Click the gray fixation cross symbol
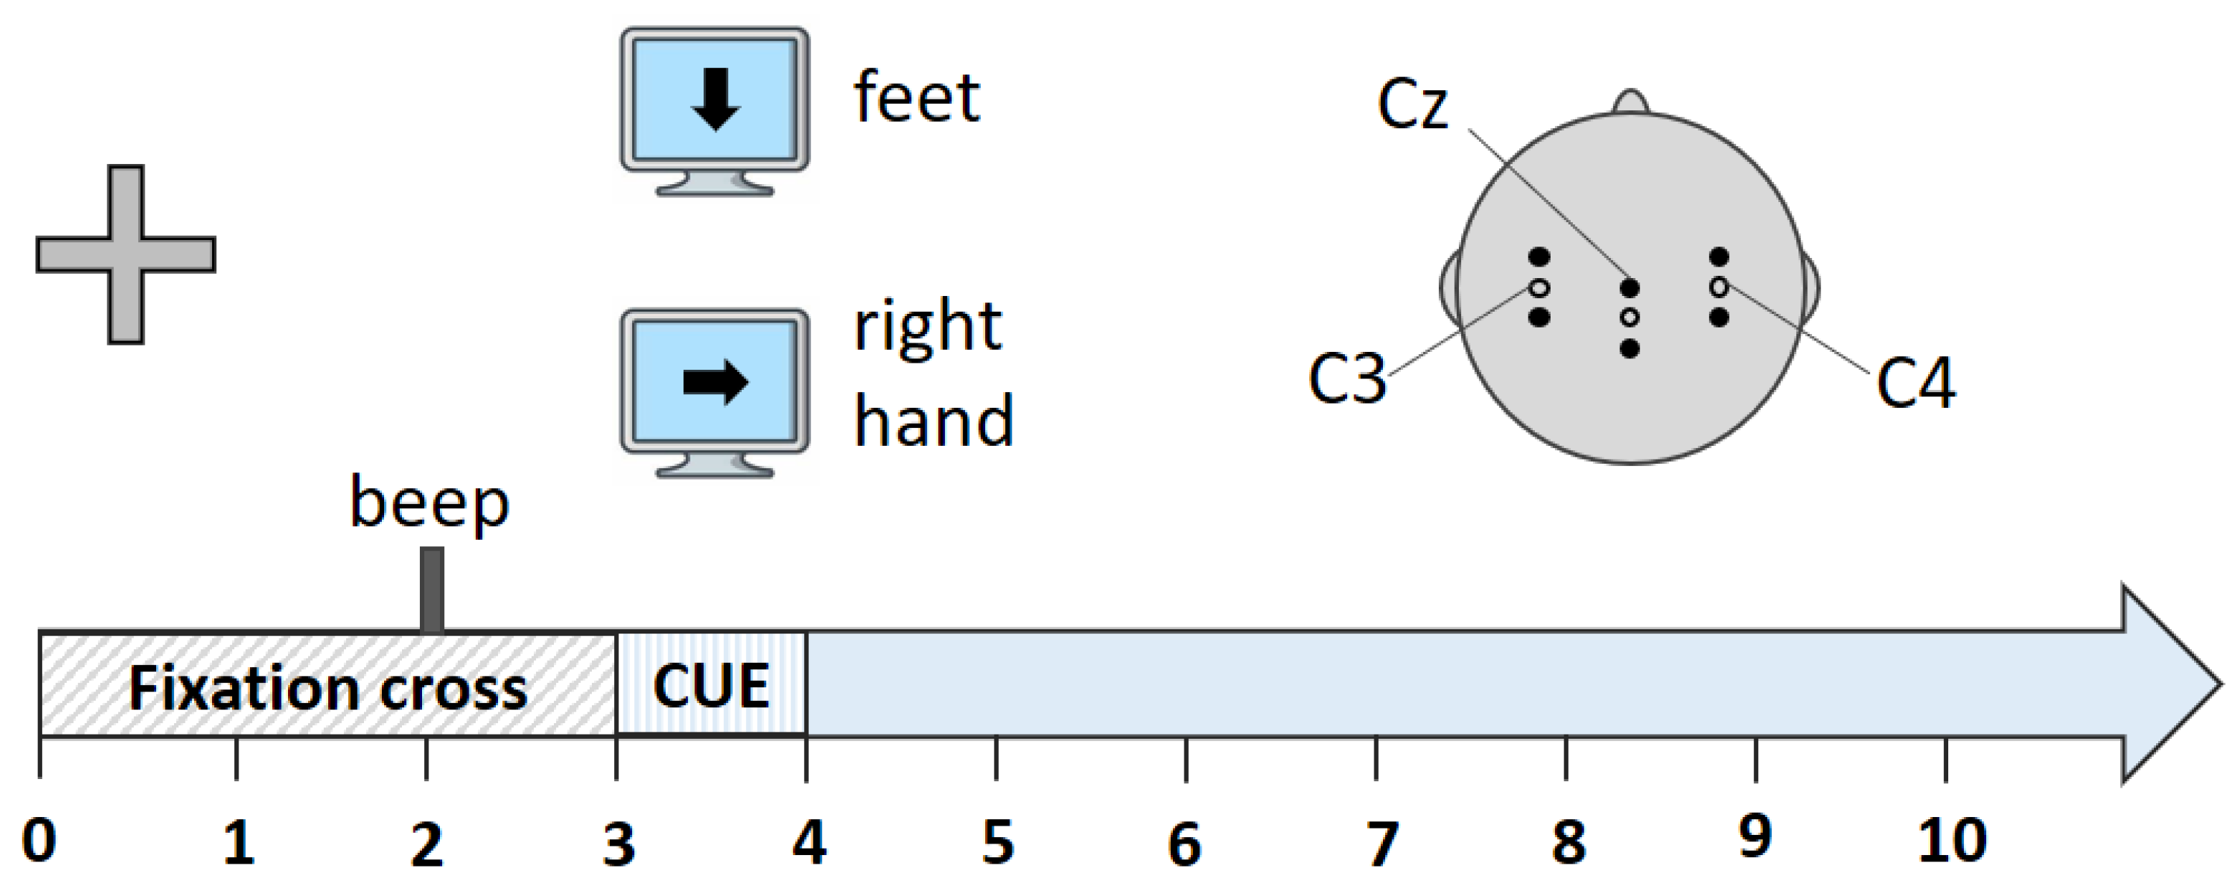[125, 254]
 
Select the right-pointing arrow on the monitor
[716, 382]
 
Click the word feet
[916, 98]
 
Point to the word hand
[933, 421]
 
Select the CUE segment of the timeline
[712, 685]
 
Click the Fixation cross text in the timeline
[327, 689]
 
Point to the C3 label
[1346, 379]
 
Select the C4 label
[1915, 383]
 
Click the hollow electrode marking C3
[1539, 287]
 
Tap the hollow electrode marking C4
[1719, 287]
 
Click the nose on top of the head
[1631, 102]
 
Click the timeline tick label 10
[1951, 841]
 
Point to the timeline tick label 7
[1381, 843]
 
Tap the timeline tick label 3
[618, 844]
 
